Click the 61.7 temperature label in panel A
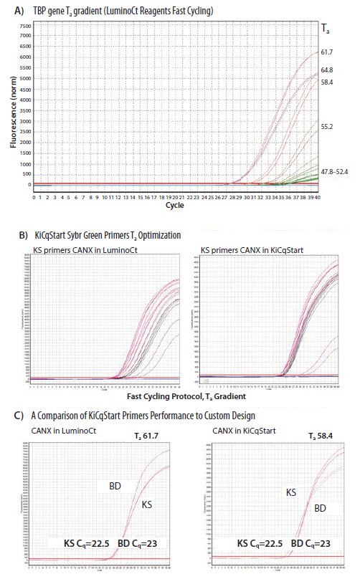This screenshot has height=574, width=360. pos(326,52)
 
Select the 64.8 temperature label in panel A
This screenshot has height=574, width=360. pos(326,70)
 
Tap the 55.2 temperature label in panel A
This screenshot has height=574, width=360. pos(326,126)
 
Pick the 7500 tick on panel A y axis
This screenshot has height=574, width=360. pos(26,25)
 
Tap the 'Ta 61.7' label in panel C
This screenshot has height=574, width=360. pos(150,436)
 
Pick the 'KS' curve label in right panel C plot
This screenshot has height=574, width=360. pos(291,492)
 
